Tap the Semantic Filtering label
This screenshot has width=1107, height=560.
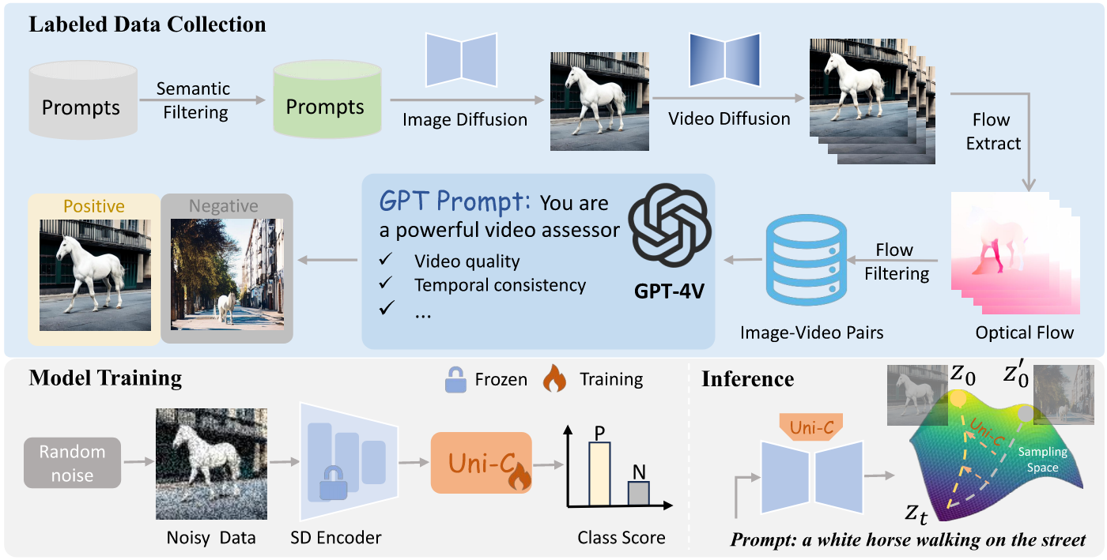[x=194, y=100]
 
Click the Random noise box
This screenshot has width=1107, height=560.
[x=73, y=463]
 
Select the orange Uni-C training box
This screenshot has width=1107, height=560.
[x=481, y=464]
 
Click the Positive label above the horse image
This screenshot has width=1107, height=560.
[x=94, y=206]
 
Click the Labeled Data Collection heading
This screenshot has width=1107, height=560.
[x=147, y=24]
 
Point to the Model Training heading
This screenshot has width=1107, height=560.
[x=105, y=378]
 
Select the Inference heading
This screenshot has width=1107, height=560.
[x=747, y=379]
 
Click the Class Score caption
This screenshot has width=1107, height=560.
[x=621, y=538]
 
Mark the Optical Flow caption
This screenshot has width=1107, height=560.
[x=1025, y=333]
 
